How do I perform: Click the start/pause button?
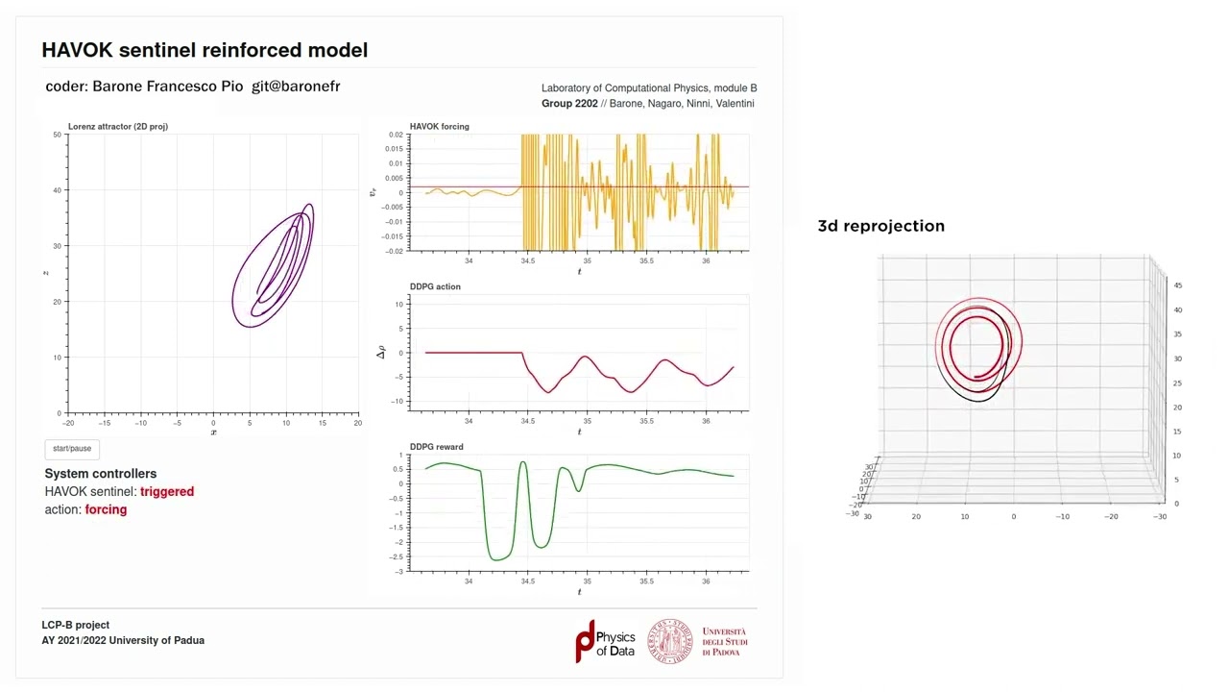point(72,449)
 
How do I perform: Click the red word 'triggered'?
point(167,491)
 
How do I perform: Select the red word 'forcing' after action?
point(106,509)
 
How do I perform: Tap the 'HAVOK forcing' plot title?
point(439,127)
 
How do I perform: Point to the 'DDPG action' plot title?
point(435,286)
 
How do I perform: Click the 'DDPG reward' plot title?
point(436,447)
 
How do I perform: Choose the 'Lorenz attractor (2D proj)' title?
point(118,127)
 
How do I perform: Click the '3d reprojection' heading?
point(880,226)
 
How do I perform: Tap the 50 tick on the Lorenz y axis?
point(58,135)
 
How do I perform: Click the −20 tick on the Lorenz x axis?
point(67,423)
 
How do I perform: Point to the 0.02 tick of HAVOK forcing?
point(396,136)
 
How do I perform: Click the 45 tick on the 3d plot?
point(1178,285)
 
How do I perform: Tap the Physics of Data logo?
point(605,641)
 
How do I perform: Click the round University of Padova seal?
point(669,641)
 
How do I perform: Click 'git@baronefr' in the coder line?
point(296,86)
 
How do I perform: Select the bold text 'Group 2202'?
point(569,103)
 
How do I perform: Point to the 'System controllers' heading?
point(100,474)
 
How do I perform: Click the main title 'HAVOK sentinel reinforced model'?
point(205,50)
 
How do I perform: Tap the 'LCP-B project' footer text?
point(75,625)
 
